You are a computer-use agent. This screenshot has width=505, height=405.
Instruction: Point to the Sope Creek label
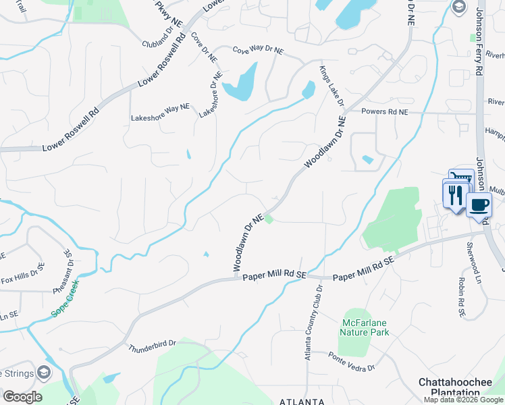(65, 300)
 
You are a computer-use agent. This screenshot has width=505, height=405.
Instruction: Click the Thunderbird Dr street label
(152, 345)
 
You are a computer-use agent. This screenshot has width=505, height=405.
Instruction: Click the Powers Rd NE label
(385, 111)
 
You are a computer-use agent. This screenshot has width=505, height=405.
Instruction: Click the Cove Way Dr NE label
(258, 51)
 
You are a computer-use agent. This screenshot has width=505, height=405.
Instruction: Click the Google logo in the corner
(22, 396)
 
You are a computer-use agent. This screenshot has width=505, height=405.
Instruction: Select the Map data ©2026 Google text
(463, 400)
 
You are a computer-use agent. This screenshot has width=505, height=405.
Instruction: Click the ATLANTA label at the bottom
(302, 400)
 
